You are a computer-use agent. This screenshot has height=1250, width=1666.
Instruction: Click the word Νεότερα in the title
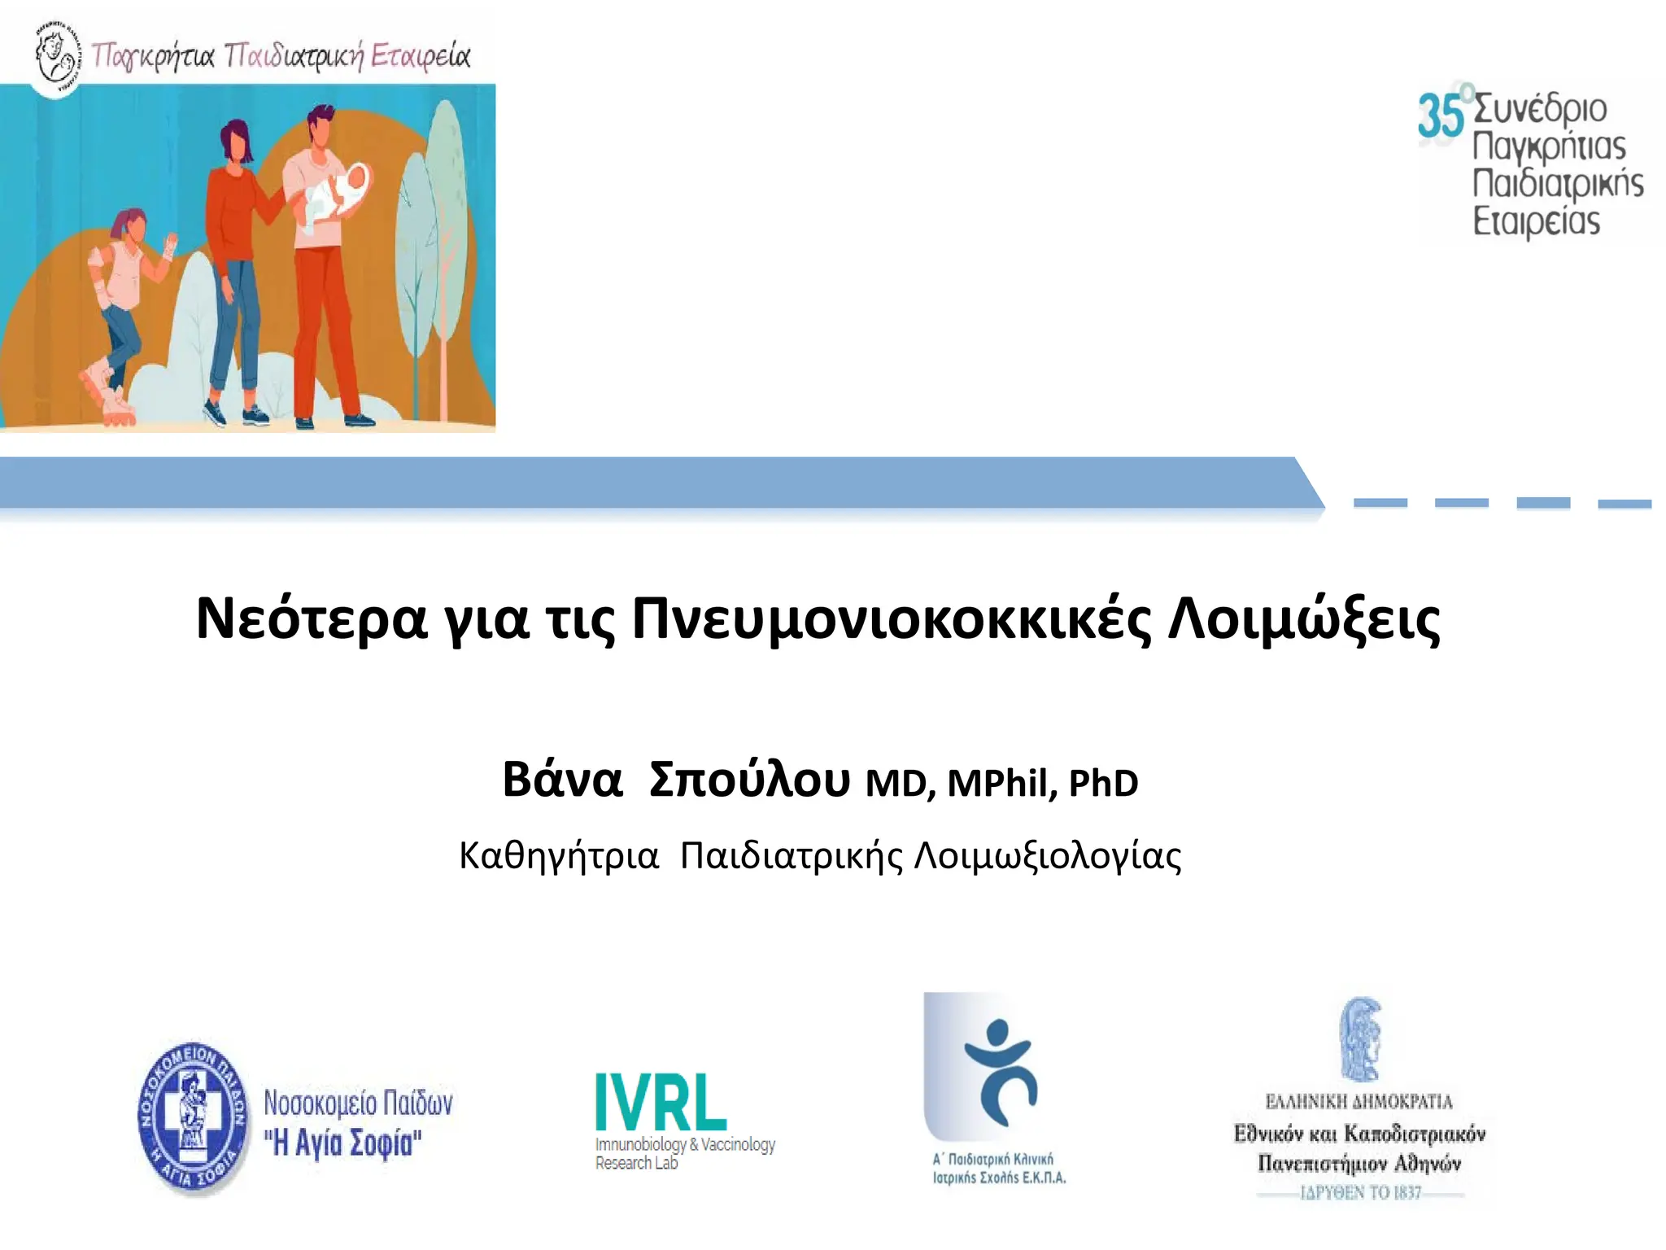click(x=311, y=619)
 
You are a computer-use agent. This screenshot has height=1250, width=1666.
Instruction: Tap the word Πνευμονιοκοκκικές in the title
click(x=891, y=619)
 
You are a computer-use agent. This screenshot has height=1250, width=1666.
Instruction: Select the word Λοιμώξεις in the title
click(x=1303, y=619)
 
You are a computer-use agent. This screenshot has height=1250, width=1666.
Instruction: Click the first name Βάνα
click(x=562, y=780)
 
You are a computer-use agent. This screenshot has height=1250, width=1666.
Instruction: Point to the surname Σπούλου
click(x=749, y=780)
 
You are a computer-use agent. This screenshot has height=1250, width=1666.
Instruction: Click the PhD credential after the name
click(x=1102, y=783)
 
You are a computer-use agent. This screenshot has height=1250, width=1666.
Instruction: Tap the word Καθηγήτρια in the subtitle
click(x=558, y=856)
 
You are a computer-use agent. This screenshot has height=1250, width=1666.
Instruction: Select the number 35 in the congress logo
click(x=1440, y=116)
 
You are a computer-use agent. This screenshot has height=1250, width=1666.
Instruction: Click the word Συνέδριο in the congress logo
click(x=1540, y=109)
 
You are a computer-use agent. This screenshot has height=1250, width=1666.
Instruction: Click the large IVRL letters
click(x=661, y=1101)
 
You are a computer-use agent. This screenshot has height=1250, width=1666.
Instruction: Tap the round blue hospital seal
click(x=194, y=1118)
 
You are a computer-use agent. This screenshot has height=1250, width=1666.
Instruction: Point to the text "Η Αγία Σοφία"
click(x=342, y=1143)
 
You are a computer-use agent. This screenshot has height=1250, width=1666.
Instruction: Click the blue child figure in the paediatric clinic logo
click(x=1001, y=1071)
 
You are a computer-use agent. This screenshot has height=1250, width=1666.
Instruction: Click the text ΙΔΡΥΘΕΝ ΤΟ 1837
click(x=1360, y=1193)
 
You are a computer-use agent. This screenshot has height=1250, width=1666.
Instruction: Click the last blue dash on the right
click(x=1624, y=504)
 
